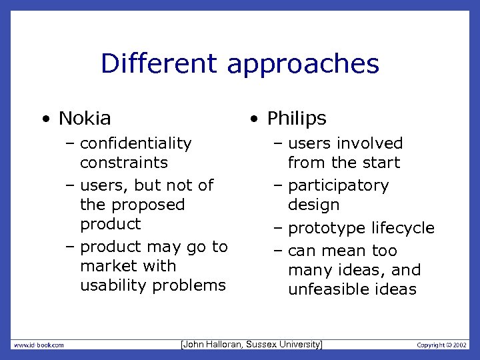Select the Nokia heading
85,119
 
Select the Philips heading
297,119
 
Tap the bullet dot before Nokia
45,120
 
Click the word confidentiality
135,143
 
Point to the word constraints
123,163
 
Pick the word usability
113,285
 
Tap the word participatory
338,185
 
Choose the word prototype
324,228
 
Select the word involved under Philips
370,143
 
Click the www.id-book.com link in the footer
39,345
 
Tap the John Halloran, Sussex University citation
251,344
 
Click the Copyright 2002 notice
441,345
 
